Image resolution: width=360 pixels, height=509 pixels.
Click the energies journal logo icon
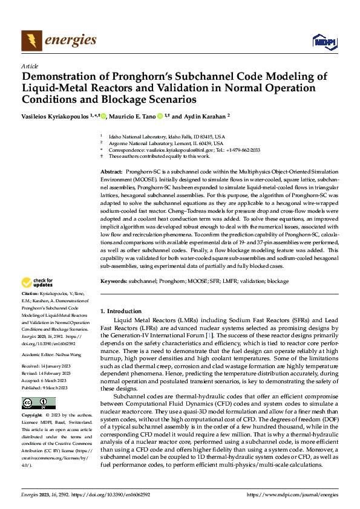point(30,41)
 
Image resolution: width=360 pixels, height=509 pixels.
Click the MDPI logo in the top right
point(324,41)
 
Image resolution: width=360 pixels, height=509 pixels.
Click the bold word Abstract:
point(111,173)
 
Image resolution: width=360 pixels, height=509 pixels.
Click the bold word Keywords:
point(113,282)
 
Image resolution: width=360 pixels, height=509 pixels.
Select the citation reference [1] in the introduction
point(208,334)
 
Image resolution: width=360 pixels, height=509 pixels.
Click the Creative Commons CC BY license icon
point(38,403)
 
